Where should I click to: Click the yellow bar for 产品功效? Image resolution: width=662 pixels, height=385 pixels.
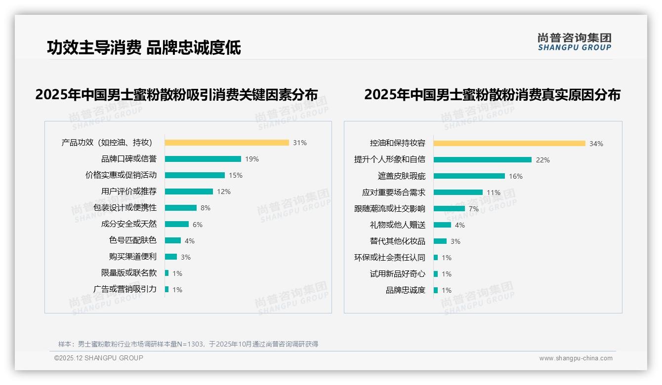227,143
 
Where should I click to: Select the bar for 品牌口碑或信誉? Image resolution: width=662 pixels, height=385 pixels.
203,159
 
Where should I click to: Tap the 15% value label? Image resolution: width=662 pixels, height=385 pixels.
236,175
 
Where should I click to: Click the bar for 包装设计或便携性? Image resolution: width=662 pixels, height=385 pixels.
181,208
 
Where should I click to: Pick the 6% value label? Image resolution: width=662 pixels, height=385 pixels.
198,225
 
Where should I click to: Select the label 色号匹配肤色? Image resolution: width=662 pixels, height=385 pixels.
133,240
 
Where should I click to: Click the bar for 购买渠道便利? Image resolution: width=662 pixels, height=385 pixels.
171,257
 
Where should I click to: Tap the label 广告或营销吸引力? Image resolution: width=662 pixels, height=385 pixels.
125,289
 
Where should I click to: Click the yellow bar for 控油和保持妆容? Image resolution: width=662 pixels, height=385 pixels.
509,144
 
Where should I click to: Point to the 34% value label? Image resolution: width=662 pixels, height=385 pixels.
596,144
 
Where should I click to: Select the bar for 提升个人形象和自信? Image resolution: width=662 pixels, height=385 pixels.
483,160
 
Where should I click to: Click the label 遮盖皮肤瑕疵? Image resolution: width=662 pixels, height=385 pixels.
402,176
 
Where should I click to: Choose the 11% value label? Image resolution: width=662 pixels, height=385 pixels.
494,192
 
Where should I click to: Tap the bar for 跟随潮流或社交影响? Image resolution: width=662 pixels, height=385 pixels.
450,209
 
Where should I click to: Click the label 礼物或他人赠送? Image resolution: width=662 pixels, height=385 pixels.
398,225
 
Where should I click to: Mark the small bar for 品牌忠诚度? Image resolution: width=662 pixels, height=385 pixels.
436,290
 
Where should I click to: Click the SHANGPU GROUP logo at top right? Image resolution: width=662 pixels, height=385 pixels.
575,42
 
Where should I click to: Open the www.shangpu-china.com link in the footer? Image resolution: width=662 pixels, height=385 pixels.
576,358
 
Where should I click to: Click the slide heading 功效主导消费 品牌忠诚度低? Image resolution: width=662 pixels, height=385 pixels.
144,48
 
